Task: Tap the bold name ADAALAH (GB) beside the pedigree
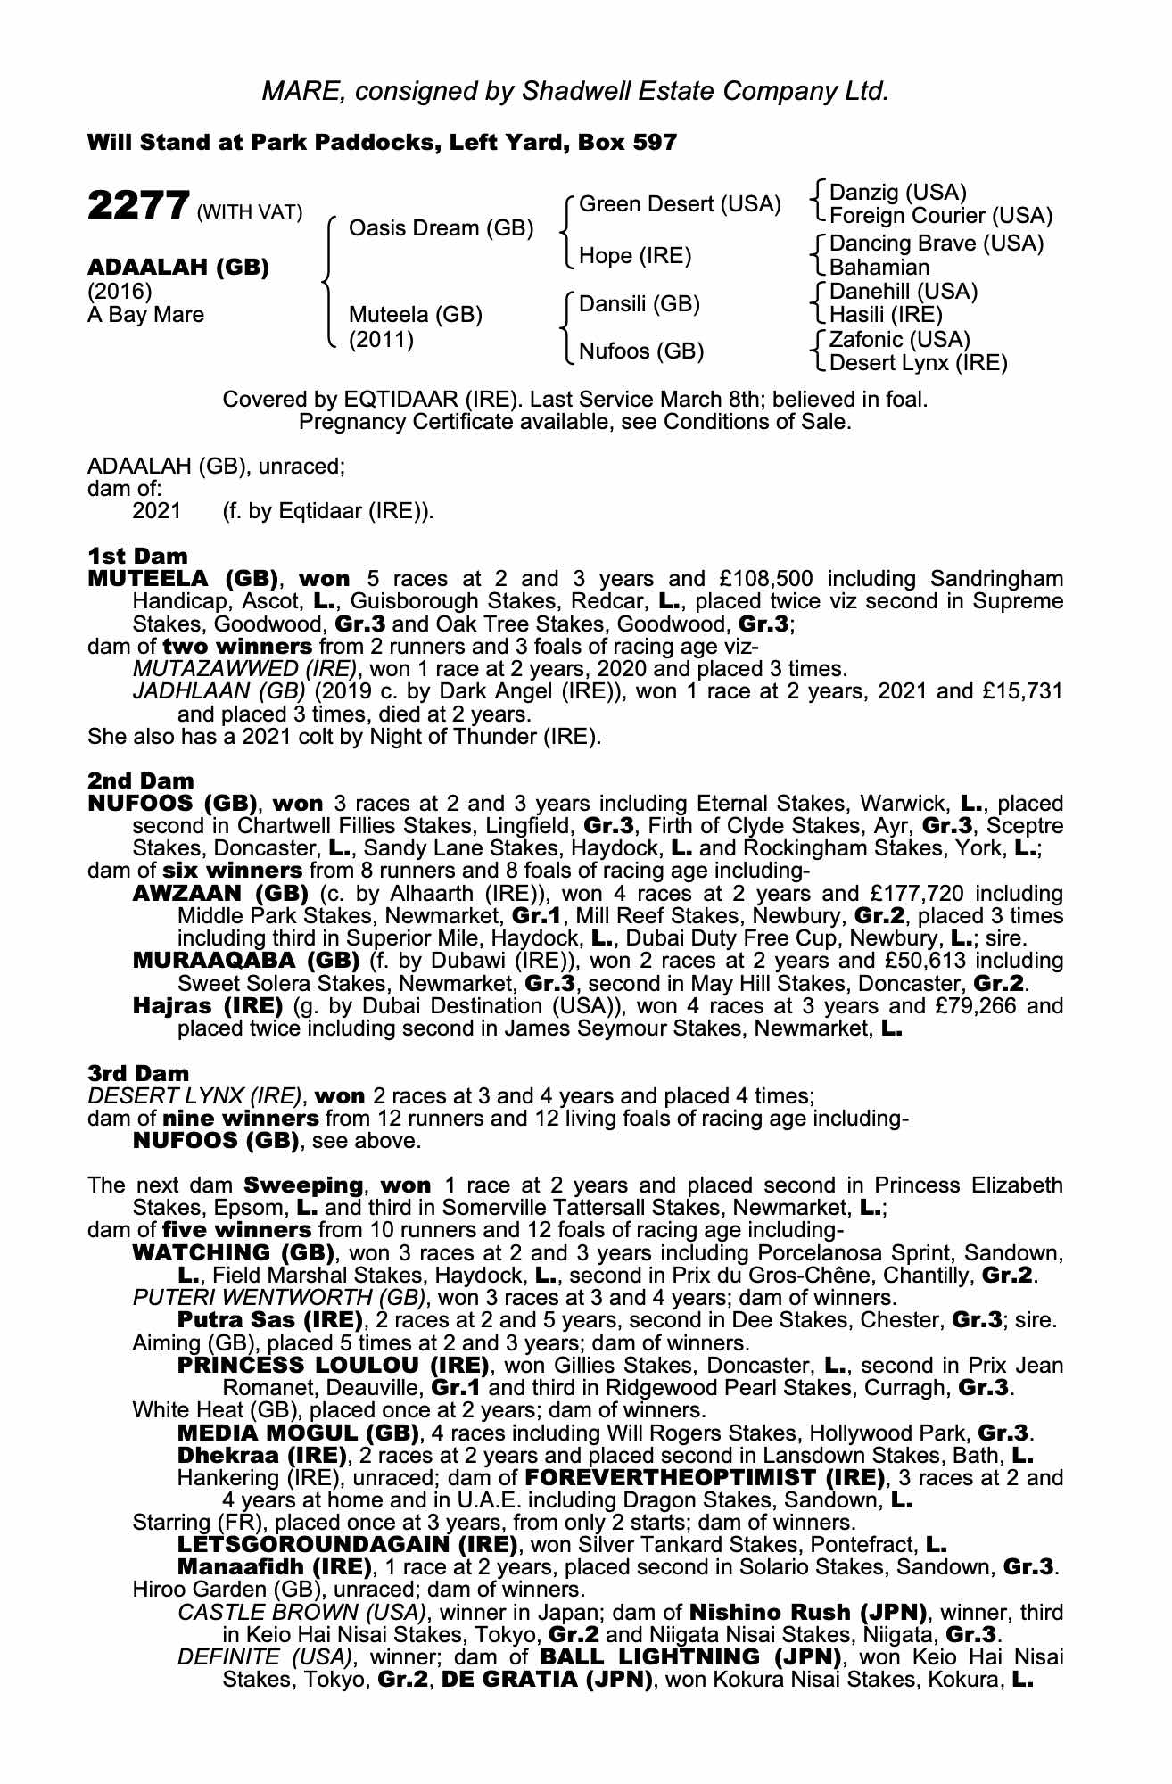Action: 177,268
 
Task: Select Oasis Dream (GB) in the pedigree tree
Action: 441,228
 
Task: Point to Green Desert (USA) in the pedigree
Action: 680,204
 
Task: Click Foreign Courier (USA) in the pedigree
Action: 941,216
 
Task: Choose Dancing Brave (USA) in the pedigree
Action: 937,244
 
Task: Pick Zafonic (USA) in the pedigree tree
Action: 900,340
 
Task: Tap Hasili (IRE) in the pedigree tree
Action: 886,315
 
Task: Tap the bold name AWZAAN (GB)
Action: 219,894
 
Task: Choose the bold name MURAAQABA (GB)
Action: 245,961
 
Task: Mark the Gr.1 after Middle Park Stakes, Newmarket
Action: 538,916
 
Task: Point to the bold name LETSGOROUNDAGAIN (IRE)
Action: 347,1545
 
